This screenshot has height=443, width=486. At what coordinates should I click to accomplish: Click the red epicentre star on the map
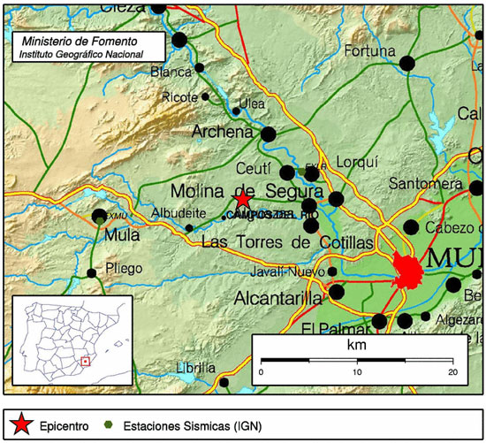pos(243,200)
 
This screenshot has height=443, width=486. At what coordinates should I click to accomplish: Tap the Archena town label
pos(223,133)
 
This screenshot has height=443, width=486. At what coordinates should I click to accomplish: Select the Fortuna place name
pos(368,50)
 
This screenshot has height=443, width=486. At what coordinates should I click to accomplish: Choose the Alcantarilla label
pos(278,300)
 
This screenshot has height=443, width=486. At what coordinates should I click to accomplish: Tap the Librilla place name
pos(195,367)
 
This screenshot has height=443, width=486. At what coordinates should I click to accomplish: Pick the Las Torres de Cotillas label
pos(288,242)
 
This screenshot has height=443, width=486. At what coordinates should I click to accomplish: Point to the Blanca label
pos(171,72)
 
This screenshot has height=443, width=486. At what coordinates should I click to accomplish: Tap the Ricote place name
pos(180,97)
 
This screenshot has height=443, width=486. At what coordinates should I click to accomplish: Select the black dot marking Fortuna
pos(407,63)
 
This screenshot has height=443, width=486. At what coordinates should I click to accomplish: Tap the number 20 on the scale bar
pos(452,372)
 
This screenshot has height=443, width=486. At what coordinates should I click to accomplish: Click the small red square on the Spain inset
pos(85,360)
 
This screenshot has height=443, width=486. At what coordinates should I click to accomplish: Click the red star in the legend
pos(21,424)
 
